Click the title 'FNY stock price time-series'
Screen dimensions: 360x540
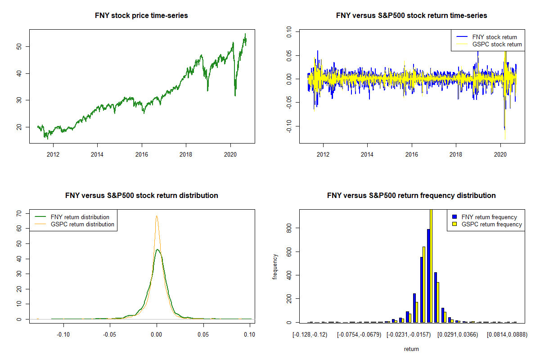[x=141, y=16]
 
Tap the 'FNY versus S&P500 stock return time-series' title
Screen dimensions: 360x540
[x=411, y=16]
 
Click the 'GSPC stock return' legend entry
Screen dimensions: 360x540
[x=497, y=44]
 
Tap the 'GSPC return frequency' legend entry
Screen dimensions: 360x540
[x=491, y=224]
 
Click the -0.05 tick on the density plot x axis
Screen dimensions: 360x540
[x=110, y=335]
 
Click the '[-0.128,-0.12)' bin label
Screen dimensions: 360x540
[x=310, y=335]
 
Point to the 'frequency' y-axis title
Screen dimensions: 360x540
[x=275, y=266]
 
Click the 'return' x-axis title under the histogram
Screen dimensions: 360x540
[x=411, y=349]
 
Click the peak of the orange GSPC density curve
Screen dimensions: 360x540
[x=157, y=216]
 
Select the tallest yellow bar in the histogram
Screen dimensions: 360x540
[x=431, y=265]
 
